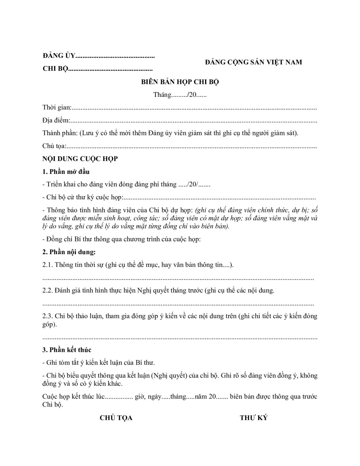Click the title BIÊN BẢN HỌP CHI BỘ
pyautogui.click(x=180, y=82)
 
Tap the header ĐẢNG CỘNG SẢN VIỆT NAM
pyautogui.click(x=253, y=62)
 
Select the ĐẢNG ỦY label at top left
pyautogui.click(x=59, y=56)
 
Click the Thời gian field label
pyautogui.click(x=57, y=107)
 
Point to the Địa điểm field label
pyautogui.click(x=56, y=120)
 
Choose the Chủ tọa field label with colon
pyautogui.click(x=54, y=146)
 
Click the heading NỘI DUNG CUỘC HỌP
pyautogui.click(x=80, y=159)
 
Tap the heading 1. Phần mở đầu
pyautogui.click(x=66, y=172)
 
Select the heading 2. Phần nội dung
pyautogui.click(x=69, y=252)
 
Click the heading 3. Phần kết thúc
pyautogui.click(x=67, y=350)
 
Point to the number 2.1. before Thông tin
pyautogui.click(x=48, y=265)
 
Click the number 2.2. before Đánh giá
pyautogui.click(x=48, y=290)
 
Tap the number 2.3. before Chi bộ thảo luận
pyautogui.click(x=48, y=316)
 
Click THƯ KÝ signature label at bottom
pyautogui.click(x=254, y=418)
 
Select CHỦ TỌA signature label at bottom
pyautogui.click(x=116, y=418)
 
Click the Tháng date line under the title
pyautogui.click(x=180, y=95)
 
